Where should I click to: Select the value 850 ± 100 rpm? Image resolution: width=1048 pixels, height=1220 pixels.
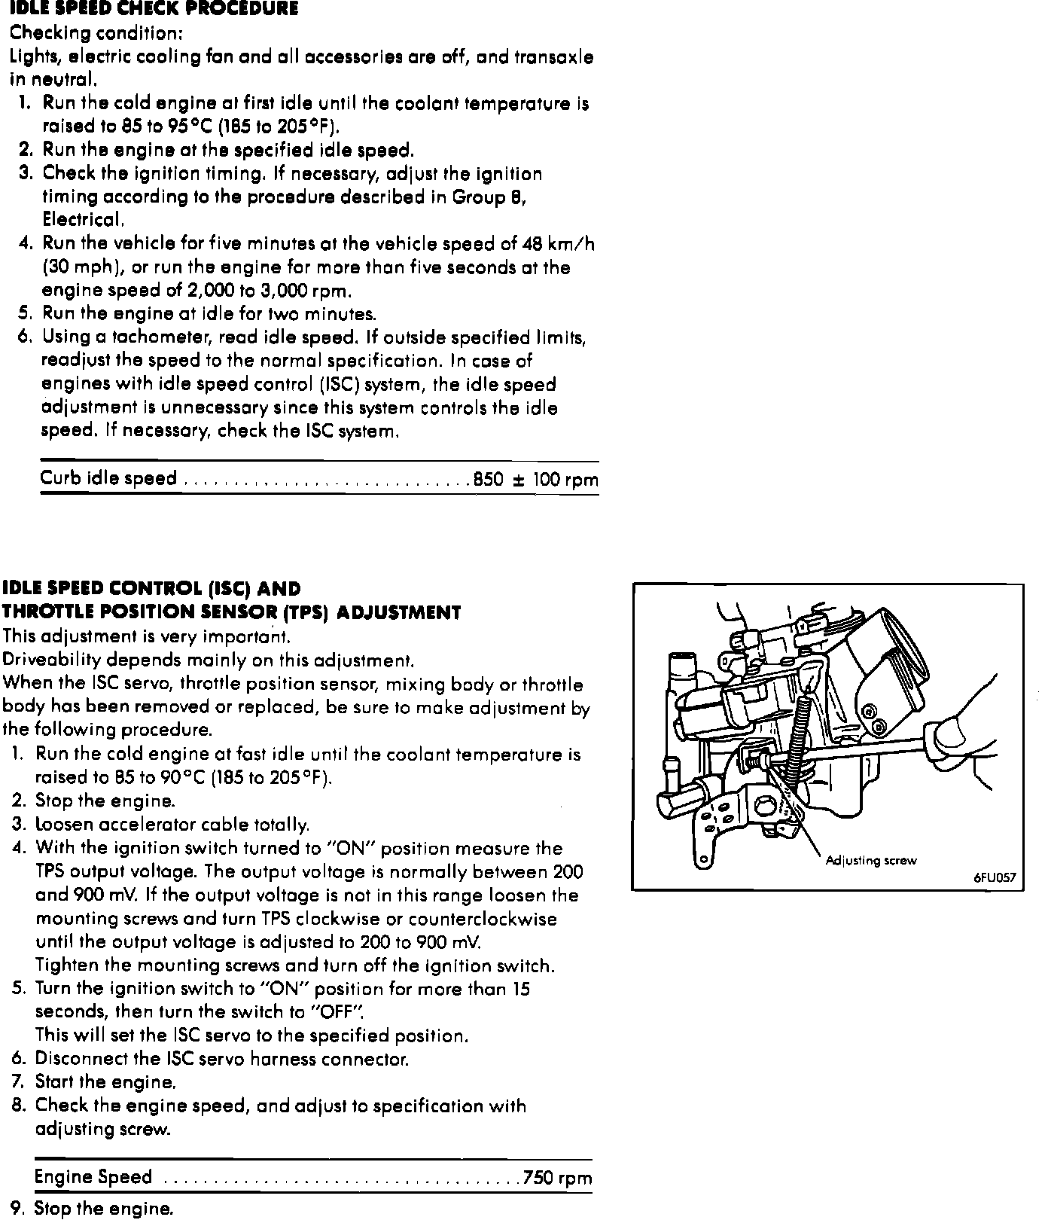tap(536, 480)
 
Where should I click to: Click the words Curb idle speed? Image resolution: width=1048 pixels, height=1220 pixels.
tap(108, 479)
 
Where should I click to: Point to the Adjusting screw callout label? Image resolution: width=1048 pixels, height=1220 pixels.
tap(870, 860)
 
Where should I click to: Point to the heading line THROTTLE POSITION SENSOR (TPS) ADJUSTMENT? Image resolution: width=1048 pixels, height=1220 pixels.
tap(231, 612)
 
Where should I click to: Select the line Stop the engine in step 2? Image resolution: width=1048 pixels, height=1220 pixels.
tap(105, 801)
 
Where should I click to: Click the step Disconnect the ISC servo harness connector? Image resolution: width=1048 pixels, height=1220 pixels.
tap(221, 1059)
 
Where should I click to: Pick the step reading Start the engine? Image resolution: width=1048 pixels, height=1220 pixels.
tap(105, 1082)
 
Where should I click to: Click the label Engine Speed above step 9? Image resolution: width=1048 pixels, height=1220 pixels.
tap(93, 1177)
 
